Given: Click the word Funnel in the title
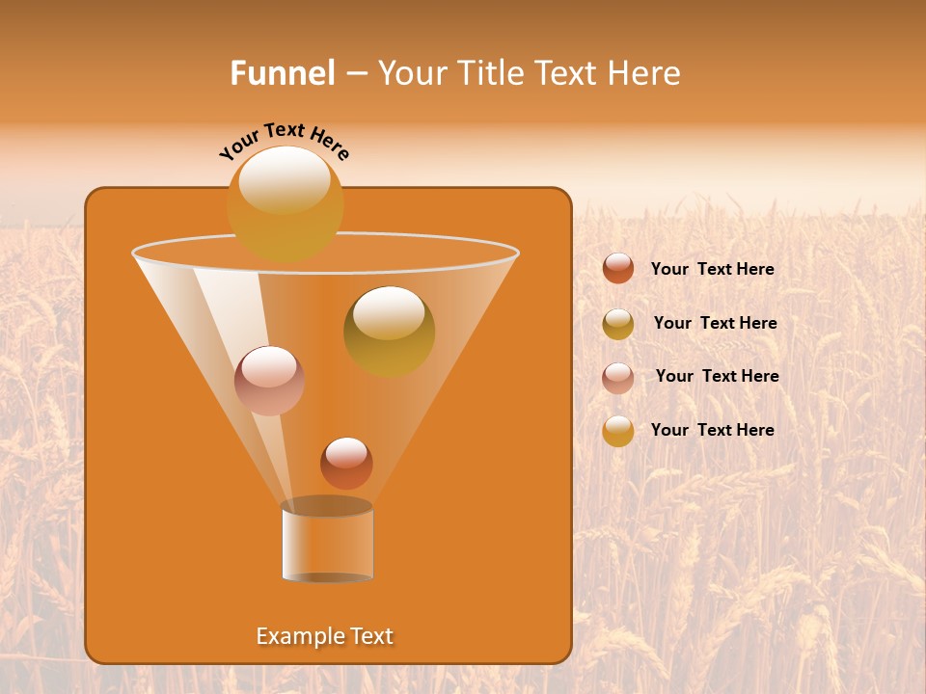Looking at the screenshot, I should click(x=282, y=73).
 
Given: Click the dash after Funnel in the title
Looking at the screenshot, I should click(x=355, y=74).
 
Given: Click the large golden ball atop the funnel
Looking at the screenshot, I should click(x=285, y=202).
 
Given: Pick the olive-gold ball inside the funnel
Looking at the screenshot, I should click(x=389, y=331).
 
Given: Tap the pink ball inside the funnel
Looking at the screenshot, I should click(x=269, y=380).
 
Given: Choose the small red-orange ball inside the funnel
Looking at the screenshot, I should click(x=346, y=463).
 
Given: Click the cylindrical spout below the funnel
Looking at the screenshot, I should click(x=327, y=542).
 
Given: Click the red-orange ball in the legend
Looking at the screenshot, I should click(x=618, y=269).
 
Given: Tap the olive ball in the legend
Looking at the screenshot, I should click(x=618, y=324).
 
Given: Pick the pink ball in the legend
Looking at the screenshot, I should click(x=618, y=378).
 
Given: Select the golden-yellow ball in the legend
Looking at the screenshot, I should click(x=618, y=431).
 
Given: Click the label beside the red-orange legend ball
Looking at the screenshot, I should click(x=712, y=269).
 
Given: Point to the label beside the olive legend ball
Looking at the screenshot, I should click(x=715, y=323).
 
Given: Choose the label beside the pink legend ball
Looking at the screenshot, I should click(x=717, y=376).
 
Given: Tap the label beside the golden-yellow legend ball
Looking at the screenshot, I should click(x=712, y=430).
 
